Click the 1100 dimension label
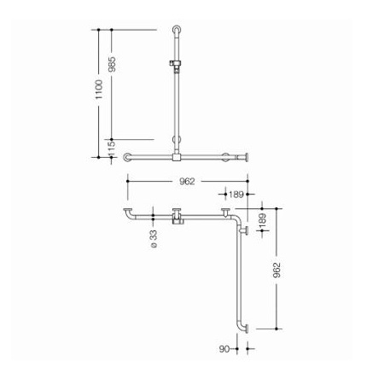coord(99,90)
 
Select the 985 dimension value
coord(113,64)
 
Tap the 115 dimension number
coord(112,148)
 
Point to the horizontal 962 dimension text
coord(187,181)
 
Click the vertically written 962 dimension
coord(276,270)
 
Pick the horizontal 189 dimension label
coord(236,195)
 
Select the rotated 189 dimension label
coord(262,220)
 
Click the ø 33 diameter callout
coord(154,239)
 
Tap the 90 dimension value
coord(224,349)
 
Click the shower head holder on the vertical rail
coord(175,64)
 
